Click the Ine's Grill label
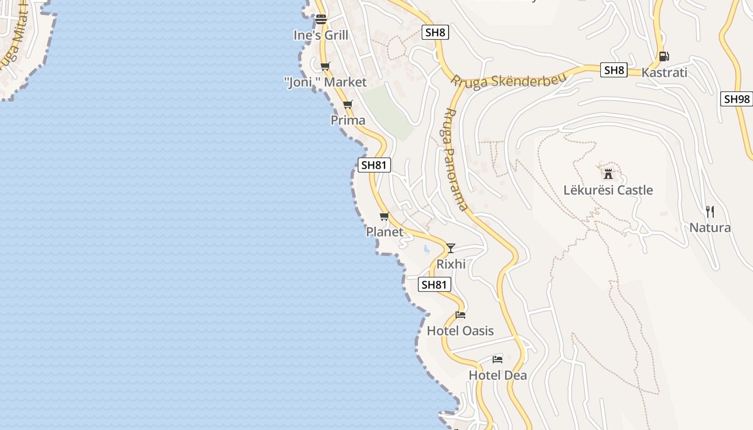(x=321, y=35)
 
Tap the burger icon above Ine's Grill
(x=321, y=20)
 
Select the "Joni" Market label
(x=325, y=82)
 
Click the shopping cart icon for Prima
(x=348, y=105)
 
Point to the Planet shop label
(x=385, y=232)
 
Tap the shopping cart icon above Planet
(x=385, y=217)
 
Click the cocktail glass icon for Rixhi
(x=451, y=248)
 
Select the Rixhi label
(x=451, y=264)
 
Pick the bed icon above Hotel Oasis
(x=460, y=315)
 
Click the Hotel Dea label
(x=498, y=375)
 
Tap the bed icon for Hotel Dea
(x=498, y=359)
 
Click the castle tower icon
(x=608, y=174)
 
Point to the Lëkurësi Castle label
(x=608, y=190)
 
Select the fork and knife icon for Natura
(x=710, y=212)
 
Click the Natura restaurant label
(x=710, y=228)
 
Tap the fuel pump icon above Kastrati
(x=664, y=56)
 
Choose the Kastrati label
(x=664, y=73)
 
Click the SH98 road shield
(x=736, y=99)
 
